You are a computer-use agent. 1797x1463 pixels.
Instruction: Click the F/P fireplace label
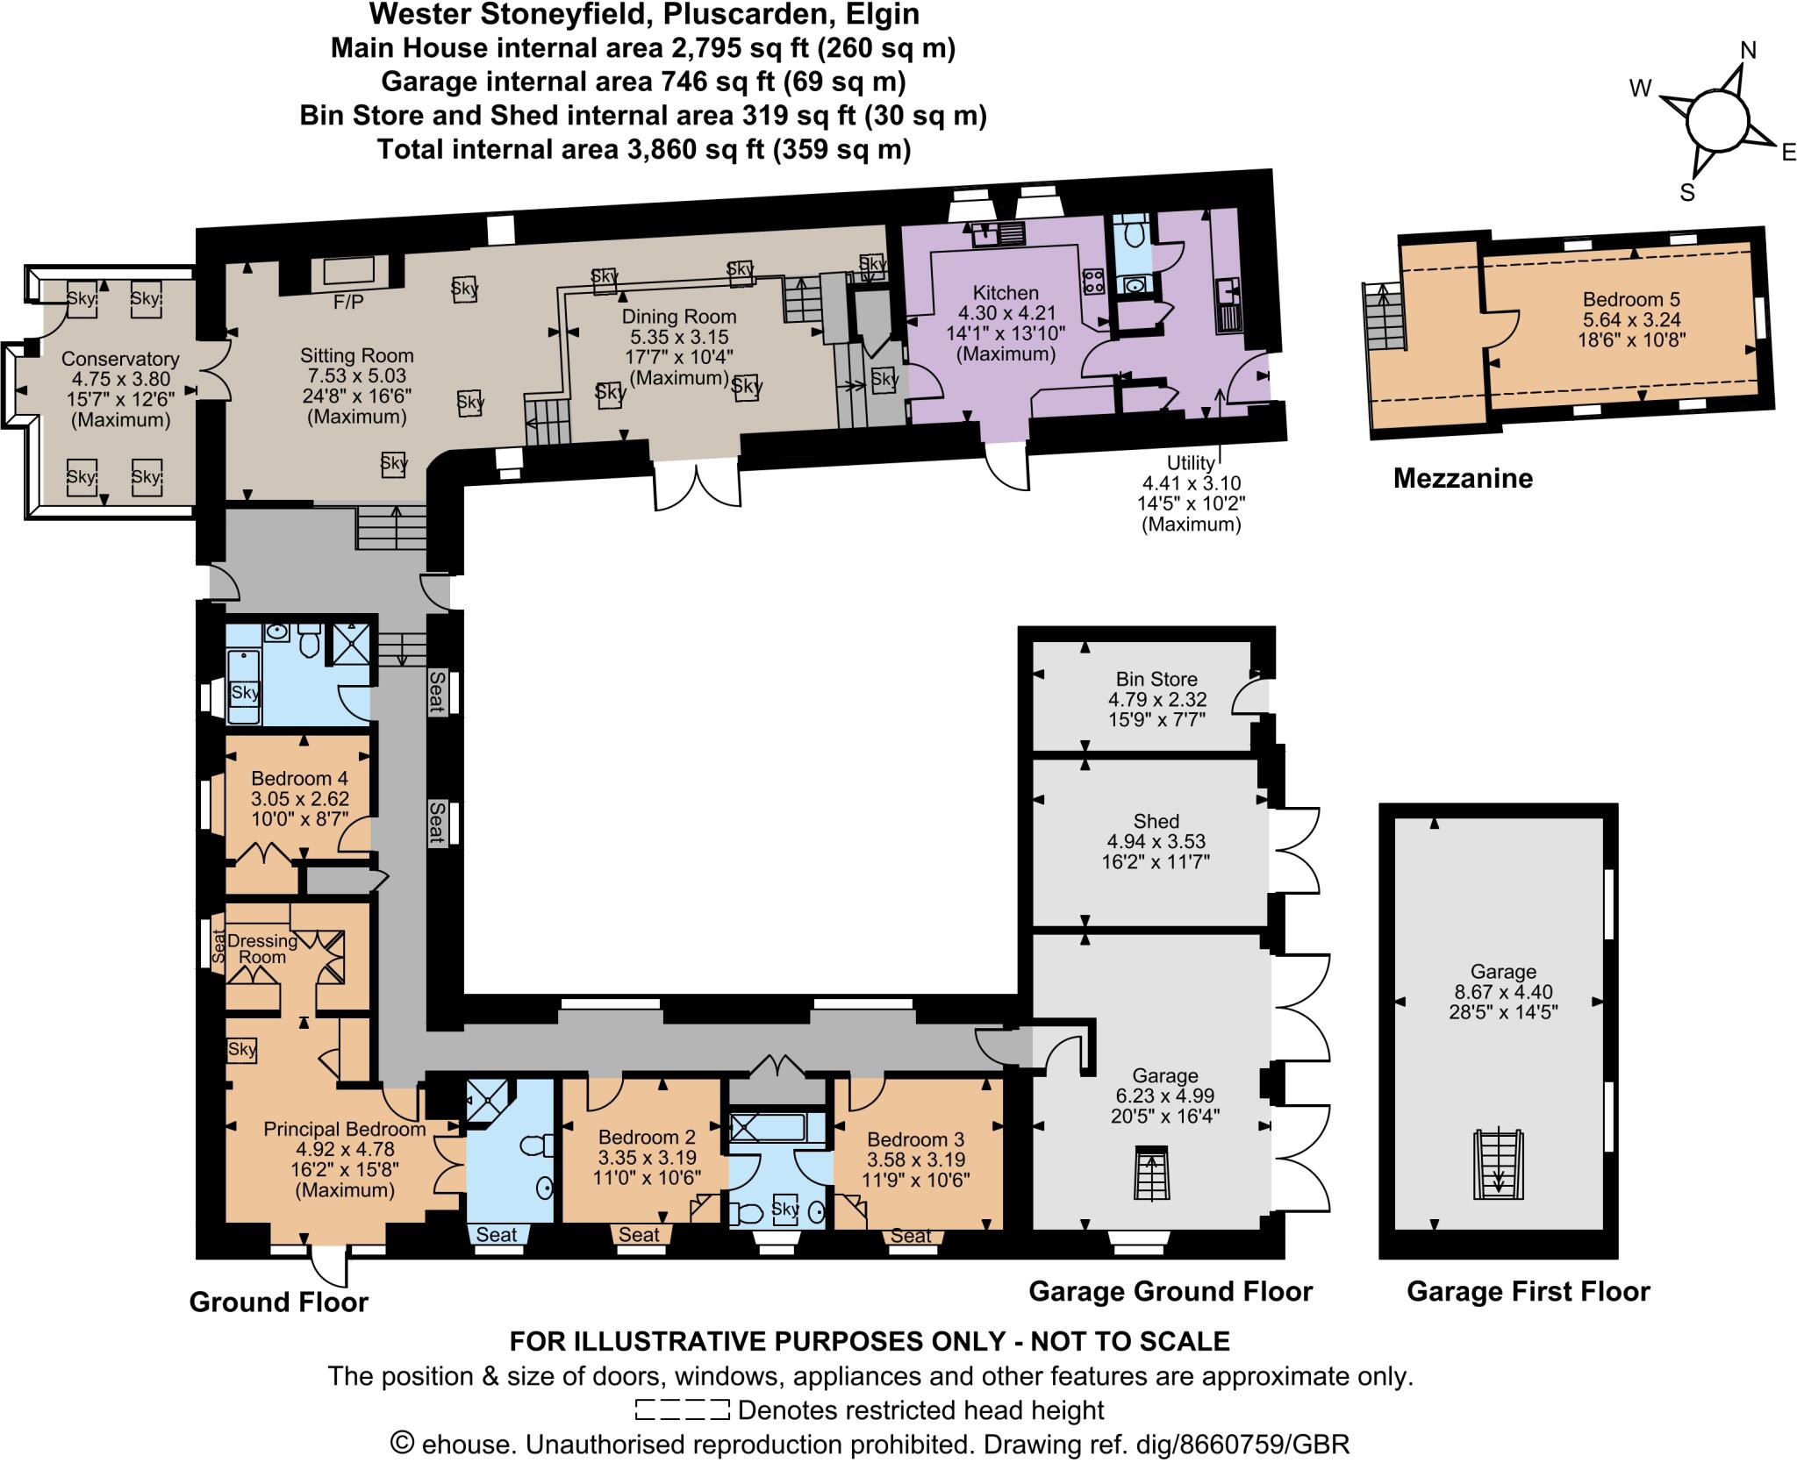pos(348,301)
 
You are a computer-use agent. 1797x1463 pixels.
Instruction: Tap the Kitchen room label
pos(1006,293)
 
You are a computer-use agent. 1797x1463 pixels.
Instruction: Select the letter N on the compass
pos(1748,52)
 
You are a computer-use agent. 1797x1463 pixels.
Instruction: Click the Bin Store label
pos(1156,679)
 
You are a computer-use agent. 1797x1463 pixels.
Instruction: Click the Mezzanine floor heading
pos(1463,478)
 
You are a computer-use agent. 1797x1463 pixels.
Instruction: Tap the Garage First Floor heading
pos(1528,1291)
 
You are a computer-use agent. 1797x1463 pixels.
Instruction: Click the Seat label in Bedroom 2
pos(639,1235)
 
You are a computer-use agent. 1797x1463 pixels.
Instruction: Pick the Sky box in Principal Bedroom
pos(242,1049)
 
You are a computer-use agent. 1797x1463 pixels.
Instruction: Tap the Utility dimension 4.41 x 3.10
pos(1191,483)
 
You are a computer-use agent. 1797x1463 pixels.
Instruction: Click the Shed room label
pos(1156,821)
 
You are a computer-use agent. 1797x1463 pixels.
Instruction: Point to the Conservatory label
pos(120,359)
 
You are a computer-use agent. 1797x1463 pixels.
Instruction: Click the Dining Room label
pos(678,317)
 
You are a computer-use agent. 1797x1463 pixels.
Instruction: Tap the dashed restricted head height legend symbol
pos(682,1410)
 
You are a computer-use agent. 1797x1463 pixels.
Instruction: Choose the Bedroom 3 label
pos(915,1139)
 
